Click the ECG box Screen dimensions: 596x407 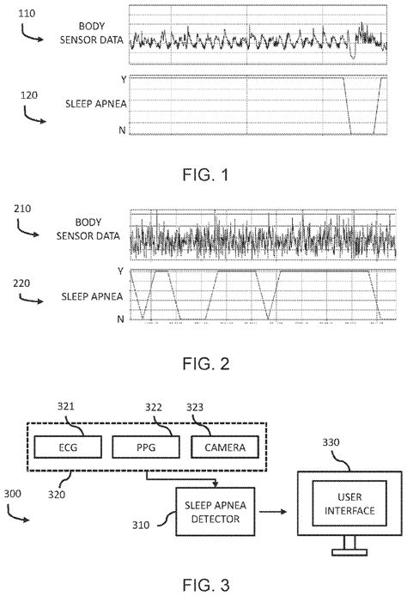pos(69,447)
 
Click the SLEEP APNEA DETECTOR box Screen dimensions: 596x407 pos(210,511)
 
